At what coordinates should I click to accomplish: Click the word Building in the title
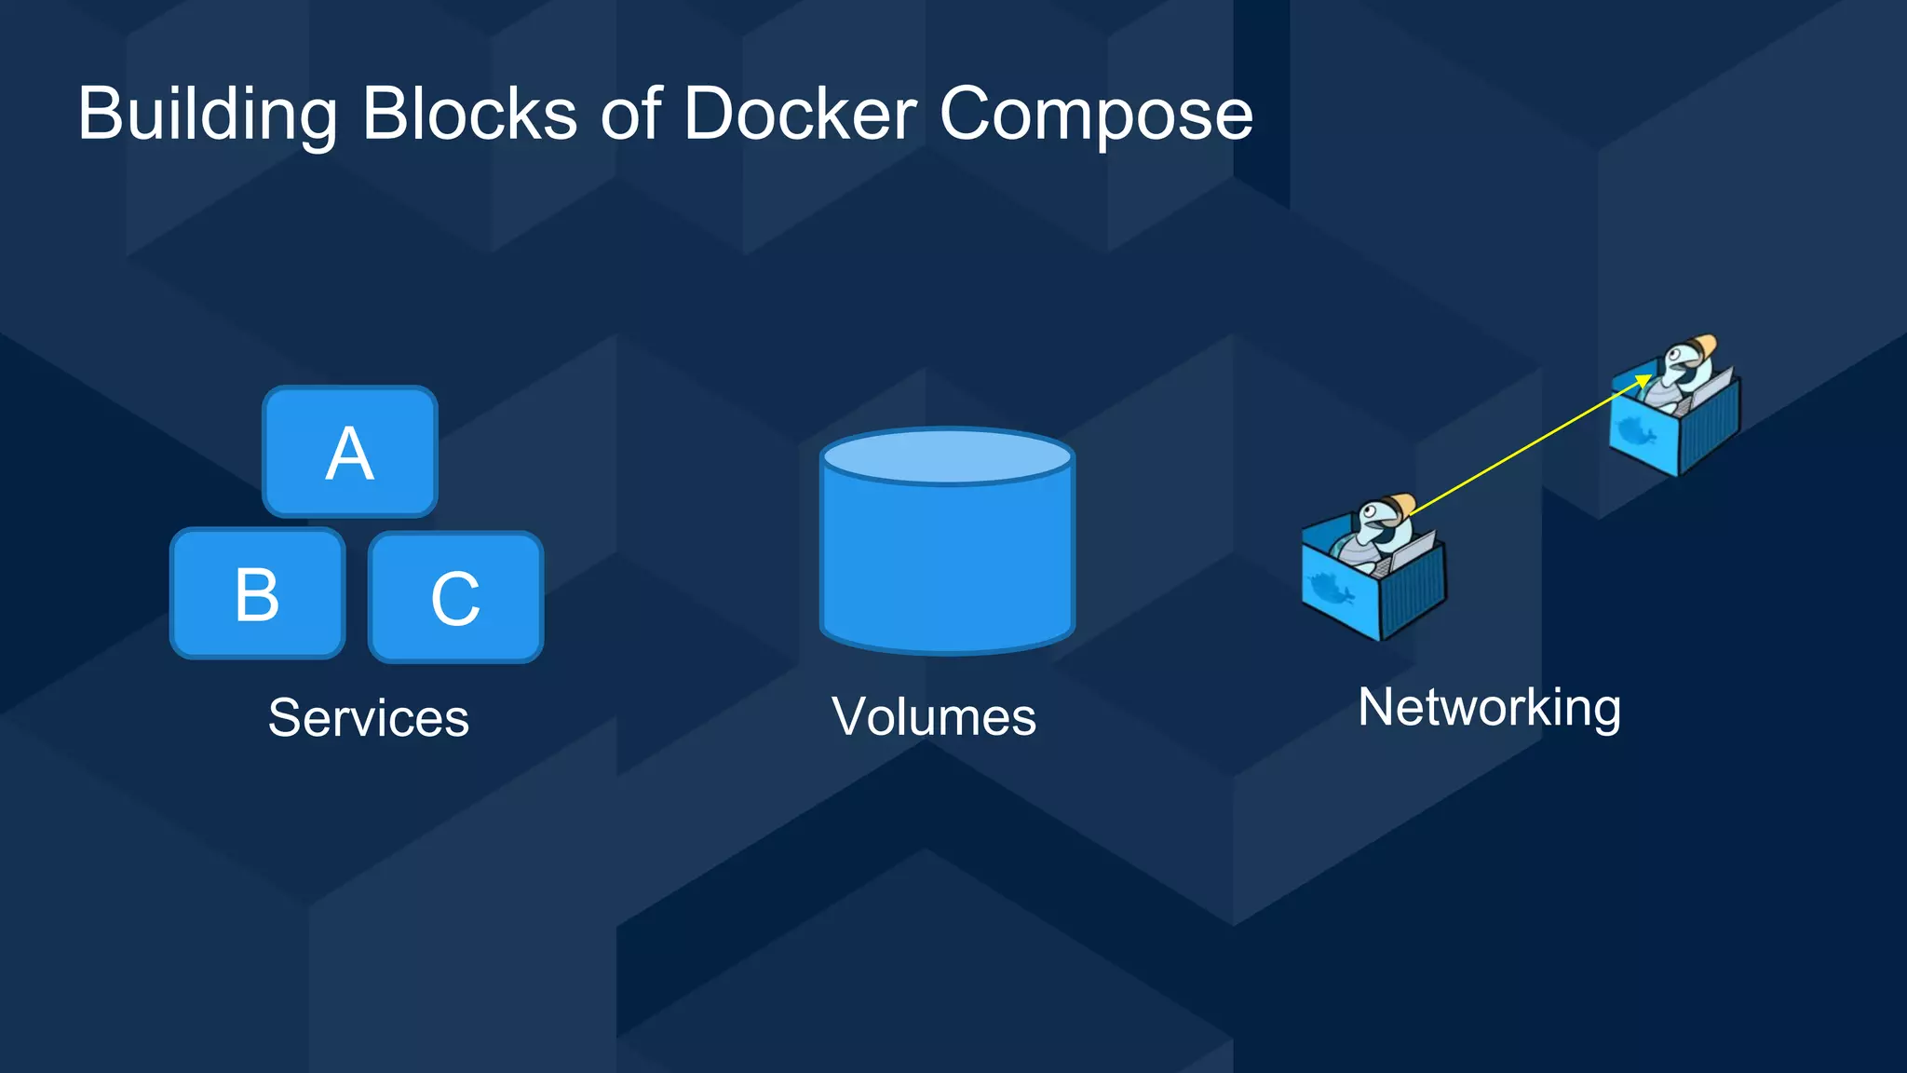[207, 114]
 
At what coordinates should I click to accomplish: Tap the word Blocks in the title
[469, 114]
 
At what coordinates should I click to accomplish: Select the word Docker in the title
[800, 114]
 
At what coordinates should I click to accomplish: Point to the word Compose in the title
[1096, 115]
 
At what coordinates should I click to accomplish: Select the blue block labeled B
[257, 594]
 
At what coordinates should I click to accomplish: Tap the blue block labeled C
[455, 598]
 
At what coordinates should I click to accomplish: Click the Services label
[369, 717]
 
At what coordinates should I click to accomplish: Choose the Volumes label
[934, 716]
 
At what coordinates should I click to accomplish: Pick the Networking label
[1489, 708]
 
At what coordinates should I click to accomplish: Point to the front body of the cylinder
[947, 568]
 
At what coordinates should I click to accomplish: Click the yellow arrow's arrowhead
[1644, 380]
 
